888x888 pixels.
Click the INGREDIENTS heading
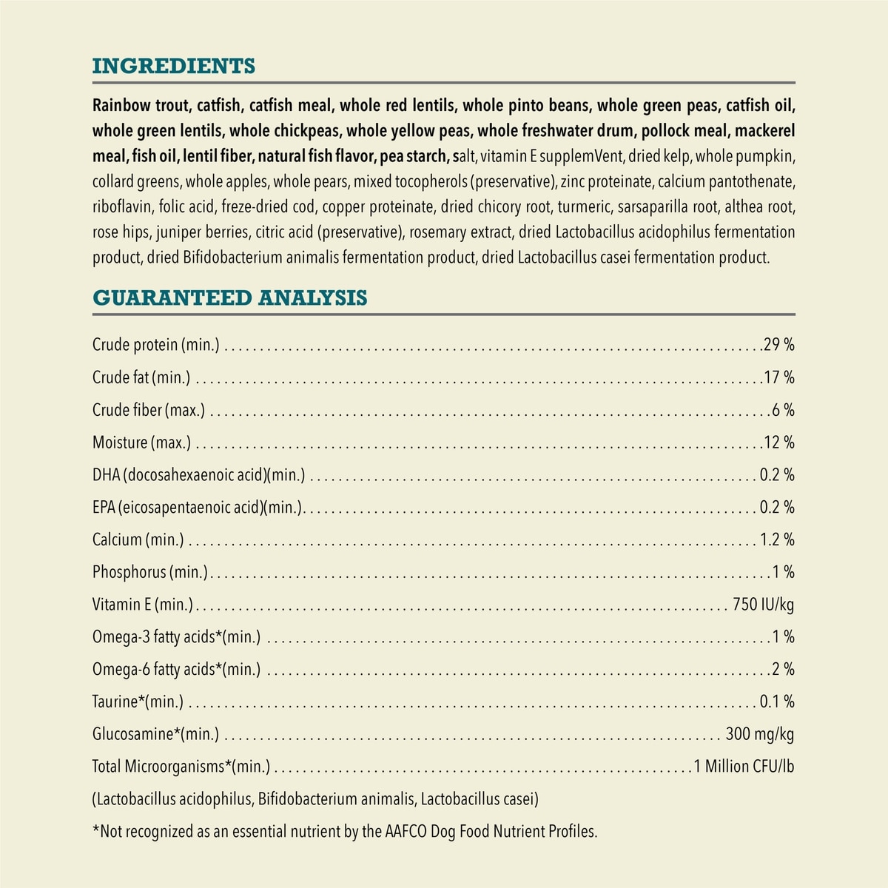[173, 66]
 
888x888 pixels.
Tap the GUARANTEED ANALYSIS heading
[229, 297]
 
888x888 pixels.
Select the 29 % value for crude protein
[779, 345]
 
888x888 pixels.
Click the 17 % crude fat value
[779, 377]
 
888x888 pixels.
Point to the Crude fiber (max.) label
[149, 410]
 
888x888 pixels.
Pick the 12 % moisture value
[779, 443]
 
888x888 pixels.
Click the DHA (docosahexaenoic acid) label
[198, 475]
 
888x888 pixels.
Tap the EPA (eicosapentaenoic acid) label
[198, 508]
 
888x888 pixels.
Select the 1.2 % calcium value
[777, 540]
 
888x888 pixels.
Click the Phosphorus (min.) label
[150, 572]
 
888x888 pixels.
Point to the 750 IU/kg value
[763, 605]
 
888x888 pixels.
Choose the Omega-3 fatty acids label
[176, 637]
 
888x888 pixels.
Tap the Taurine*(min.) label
[138, 702]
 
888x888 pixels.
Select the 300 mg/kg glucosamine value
[760, 734]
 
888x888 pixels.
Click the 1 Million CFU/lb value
[744, 767]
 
